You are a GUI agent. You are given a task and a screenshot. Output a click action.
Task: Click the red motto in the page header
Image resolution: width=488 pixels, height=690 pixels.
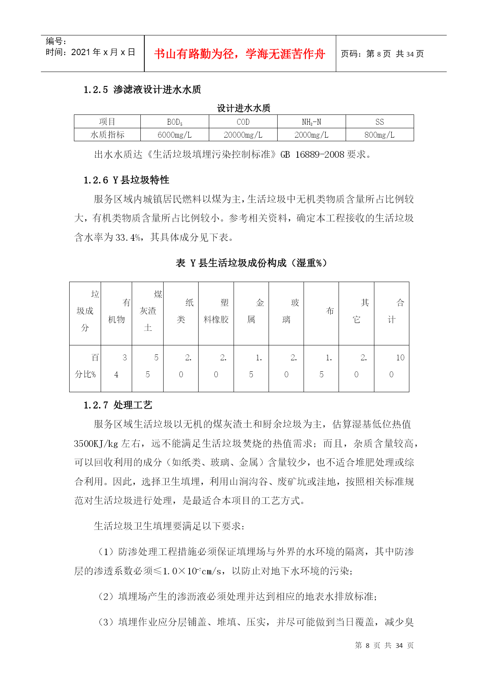tap(239, 54)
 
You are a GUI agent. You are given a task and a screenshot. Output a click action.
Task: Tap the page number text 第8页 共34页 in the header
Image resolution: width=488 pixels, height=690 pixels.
tap(382, 54)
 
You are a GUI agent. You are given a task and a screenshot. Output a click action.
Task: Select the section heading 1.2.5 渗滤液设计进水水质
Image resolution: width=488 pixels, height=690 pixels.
tap(142, 90)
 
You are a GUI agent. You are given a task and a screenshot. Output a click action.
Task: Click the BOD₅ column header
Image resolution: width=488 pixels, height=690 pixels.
tap(175, 122)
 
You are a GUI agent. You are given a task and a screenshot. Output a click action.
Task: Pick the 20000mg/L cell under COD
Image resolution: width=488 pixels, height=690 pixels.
tap(243, 135)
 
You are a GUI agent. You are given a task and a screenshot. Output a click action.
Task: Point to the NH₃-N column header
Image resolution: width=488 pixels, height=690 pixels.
tap(311, 122)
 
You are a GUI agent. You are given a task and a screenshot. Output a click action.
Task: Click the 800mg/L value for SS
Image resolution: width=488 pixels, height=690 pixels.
tap(379, 135)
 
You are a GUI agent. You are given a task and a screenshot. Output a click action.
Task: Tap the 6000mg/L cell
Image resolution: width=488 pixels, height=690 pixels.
tap(175, 135)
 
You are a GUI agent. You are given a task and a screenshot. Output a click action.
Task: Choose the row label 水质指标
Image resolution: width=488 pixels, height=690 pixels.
tap(107, 135)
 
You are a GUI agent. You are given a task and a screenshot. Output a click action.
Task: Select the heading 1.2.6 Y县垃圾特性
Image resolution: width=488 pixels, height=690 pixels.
tap(126, 180)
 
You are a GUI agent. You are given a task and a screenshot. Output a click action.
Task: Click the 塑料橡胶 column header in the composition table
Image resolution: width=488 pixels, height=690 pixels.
tap(216, 311)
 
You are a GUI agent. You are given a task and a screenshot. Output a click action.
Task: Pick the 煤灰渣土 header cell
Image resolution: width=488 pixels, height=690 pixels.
tap(148, 311)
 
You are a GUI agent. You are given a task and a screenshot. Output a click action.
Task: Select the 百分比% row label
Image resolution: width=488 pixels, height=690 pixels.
tap(85, 366)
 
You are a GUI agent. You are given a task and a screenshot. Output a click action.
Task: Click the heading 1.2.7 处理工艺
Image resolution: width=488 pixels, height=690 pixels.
tap(118, 405)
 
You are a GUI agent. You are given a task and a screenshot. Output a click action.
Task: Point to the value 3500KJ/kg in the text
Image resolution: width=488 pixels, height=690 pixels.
tap(96, 444)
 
